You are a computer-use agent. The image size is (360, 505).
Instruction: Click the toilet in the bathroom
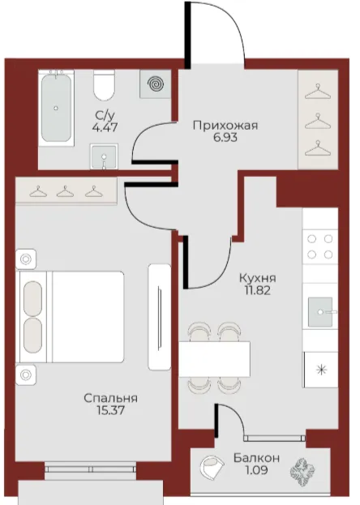[104, 85]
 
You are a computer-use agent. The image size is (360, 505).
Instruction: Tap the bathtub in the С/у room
[57, 108]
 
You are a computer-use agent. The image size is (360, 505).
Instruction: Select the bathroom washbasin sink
[104, 156]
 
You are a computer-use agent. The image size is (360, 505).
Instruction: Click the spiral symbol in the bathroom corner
[156, 84]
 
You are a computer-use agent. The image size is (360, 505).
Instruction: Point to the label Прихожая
[225, 125]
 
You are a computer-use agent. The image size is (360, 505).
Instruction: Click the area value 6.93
[225, 138]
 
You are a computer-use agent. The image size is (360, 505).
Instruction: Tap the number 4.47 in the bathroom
[105, 127]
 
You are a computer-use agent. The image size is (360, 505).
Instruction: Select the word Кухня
[258, 277]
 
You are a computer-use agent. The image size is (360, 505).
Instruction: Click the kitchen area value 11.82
[258, 290]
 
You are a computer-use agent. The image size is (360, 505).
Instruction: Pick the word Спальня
[110, 398]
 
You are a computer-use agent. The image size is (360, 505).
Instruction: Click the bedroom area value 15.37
[110, 410]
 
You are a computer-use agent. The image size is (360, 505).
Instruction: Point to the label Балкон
[256, 458]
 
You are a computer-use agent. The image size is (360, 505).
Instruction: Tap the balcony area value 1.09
[256, 470]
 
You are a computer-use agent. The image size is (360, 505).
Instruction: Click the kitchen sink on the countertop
[320, 312]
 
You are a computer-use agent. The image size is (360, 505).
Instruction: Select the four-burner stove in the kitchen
[320, 246]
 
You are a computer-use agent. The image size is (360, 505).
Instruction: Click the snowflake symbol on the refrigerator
[321, 370]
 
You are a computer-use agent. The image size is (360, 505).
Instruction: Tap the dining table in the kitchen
[215, 359]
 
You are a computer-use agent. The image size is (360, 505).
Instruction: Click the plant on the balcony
[302, 472]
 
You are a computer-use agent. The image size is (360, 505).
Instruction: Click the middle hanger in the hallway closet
[318, 121]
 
